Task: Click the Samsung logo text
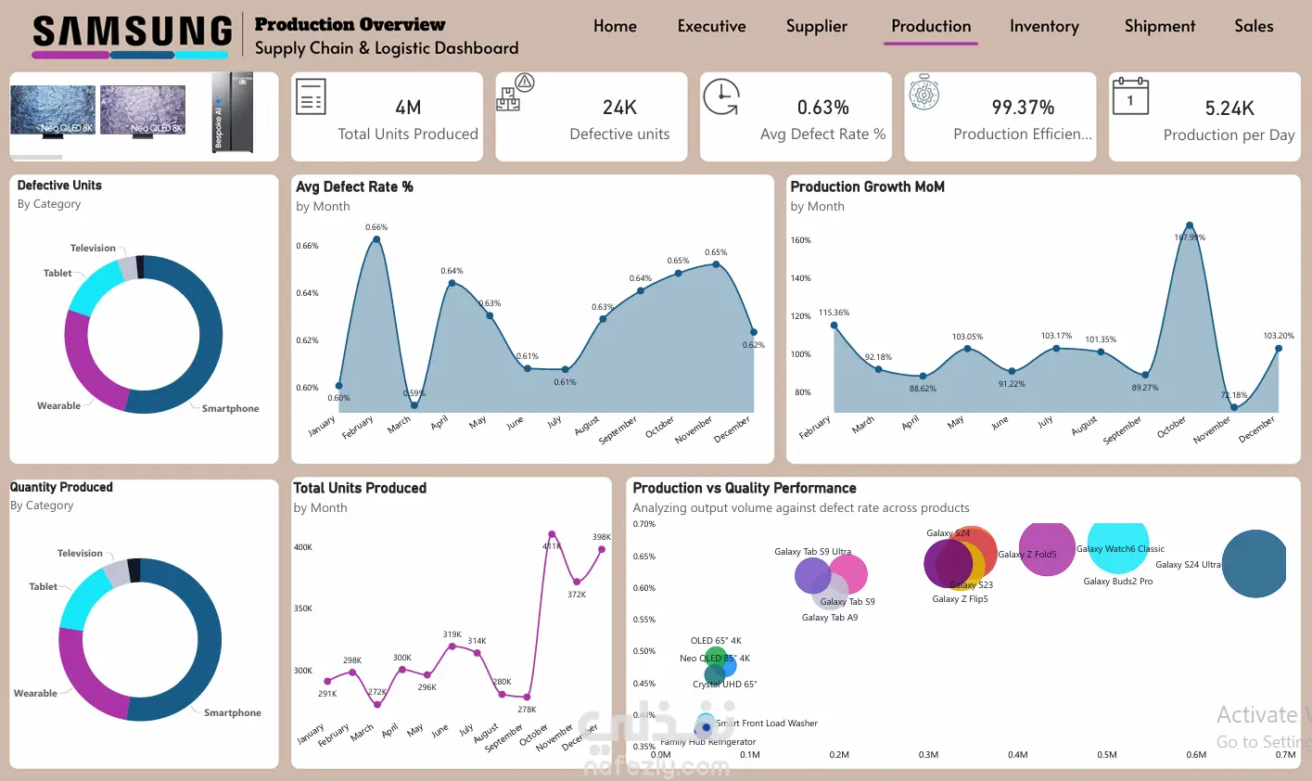[132, 32]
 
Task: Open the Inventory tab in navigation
[1044, 26]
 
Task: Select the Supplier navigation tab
[816, 26]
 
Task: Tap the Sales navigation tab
[1254, 26]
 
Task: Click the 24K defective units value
[619, 108]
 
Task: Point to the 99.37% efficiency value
[1023, 108]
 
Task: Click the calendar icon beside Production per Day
[1130, 96]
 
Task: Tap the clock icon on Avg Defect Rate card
[720, 97]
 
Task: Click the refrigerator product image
[232, 113]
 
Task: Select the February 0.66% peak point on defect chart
[376, 239]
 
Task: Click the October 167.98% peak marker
[1190, 225]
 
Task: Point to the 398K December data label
[602, 537]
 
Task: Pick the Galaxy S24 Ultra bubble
[1254, 564]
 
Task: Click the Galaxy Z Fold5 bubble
[1047, 549]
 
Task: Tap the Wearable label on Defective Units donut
[58, 406]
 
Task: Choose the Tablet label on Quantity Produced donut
[43, 587]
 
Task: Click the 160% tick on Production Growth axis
[800, 240]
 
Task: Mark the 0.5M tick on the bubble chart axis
[1107, 755]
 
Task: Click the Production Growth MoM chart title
[867, 186]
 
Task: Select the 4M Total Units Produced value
[408, 108]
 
